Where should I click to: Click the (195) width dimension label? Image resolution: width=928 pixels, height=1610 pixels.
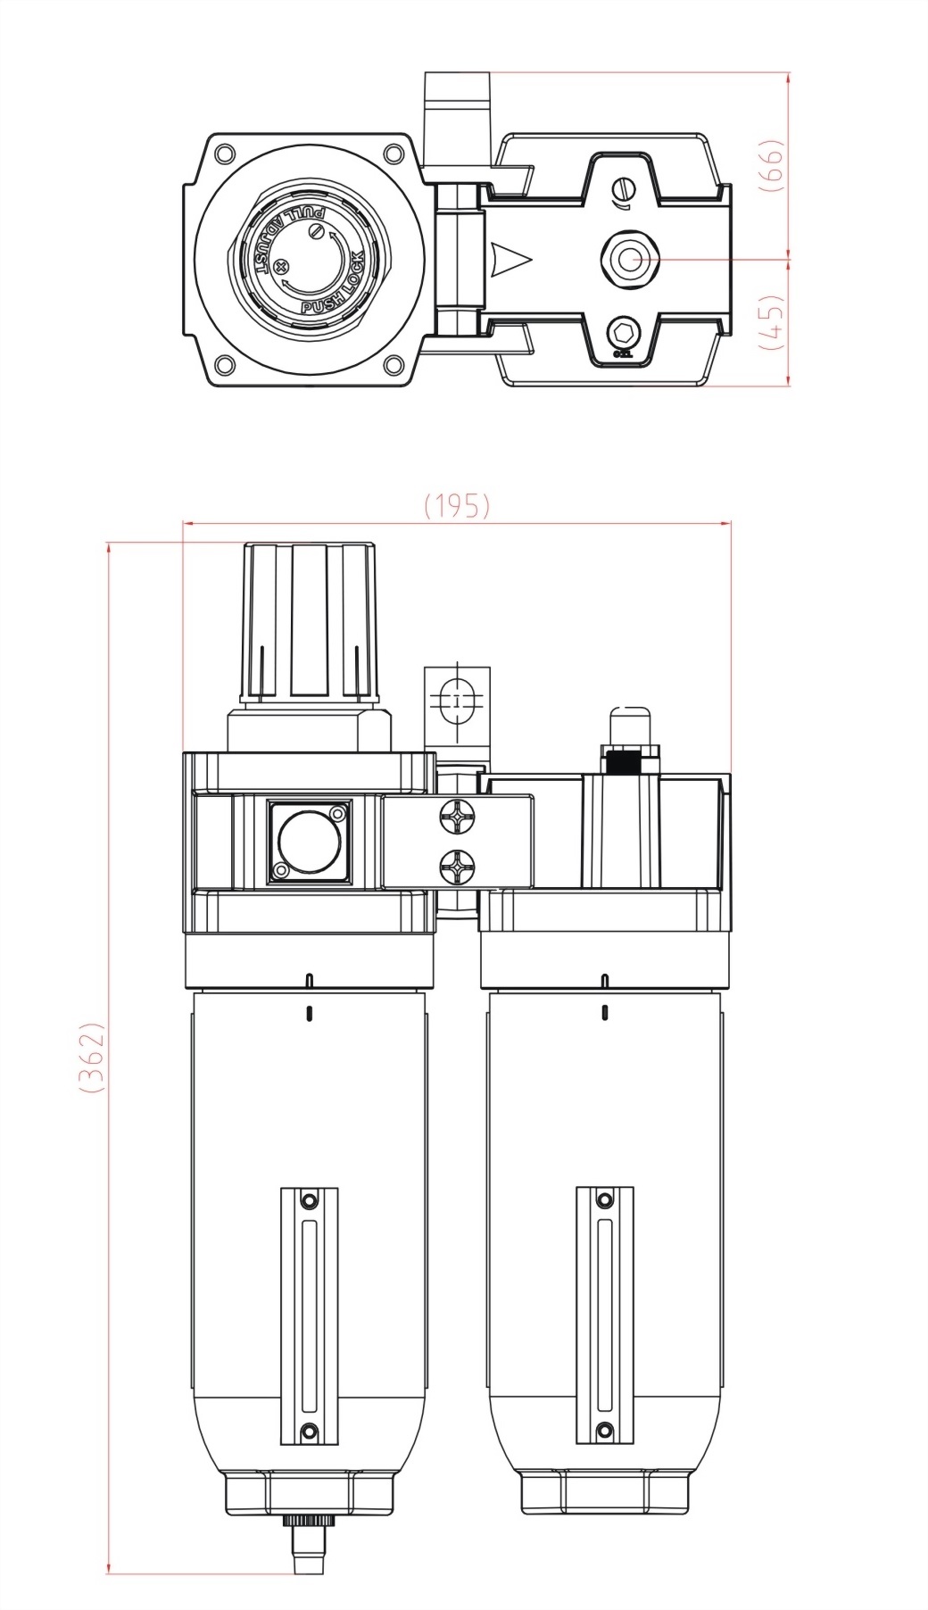[x=457, y=506]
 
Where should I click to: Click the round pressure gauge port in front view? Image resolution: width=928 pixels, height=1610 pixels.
[x=305, y=841]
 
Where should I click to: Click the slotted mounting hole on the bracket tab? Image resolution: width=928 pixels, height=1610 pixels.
[x=457, y=701]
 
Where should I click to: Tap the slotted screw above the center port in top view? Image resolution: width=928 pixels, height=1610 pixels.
[x=626, y=190]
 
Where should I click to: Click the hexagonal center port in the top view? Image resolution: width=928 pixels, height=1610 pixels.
[x=630, y=260]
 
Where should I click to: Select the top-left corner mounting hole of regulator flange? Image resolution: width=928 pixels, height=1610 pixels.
[x=225, y=154]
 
